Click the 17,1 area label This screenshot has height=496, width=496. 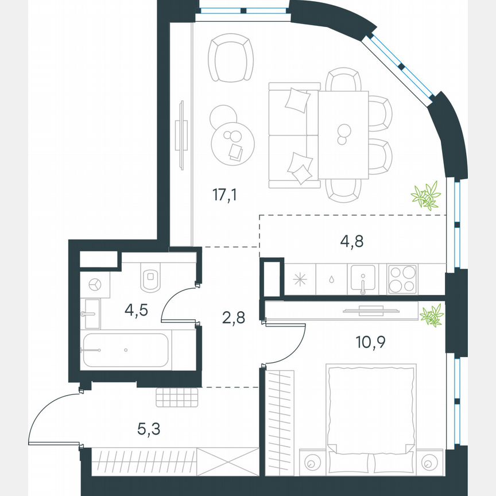(x=224, y=195)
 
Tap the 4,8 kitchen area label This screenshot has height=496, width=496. (x=352, y=240)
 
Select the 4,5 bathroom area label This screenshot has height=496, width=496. (x=137, y=310)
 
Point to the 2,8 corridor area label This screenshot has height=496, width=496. (x=234, y=317)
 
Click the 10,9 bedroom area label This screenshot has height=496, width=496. (x=370, y=343)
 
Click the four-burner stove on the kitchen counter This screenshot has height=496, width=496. (x=402, y=279)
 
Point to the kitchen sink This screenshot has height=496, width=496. (x=363, y=279)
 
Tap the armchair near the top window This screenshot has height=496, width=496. (x=231, y=59)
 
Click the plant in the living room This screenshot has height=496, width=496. (x=425, y=195)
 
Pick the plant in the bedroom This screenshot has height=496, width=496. (x=431, y=315)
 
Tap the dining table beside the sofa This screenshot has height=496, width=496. (x=343, y=134)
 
